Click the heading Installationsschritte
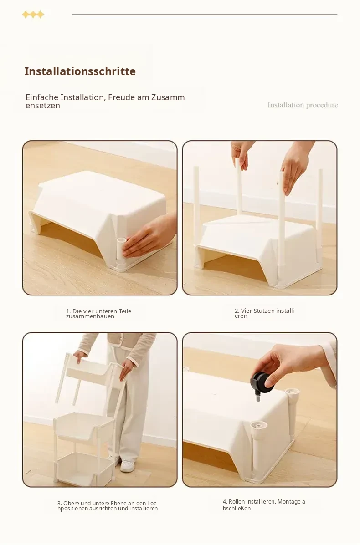pyautogui.click(x=80, y=71)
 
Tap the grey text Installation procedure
pyautogui.click(x=303, y=105)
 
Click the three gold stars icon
pyautogui.click(x=33, y=15)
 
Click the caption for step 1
pyautogui.click(x=99, y=314)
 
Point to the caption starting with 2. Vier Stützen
pyautogui.click(x=264, y=313)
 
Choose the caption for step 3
pyautogui.click(x=108, y=506)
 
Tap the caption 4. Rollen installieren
pyautogui.click(x=264, y=505)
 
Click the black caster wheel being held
pyautogui.click(x=262, y=382)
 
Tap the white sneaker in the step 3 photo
pyautogui.click(x=127, y=466)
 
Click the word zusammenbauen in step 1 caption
pyautogui.click(x=90, y=316)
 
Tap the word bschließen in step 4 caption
pyautogui.click(x=237, y=509)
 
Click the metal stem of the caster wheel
pyautogui.click(x=258, y=396)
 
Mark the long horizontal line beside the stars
pyautogui.click(x=205, y=15)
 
